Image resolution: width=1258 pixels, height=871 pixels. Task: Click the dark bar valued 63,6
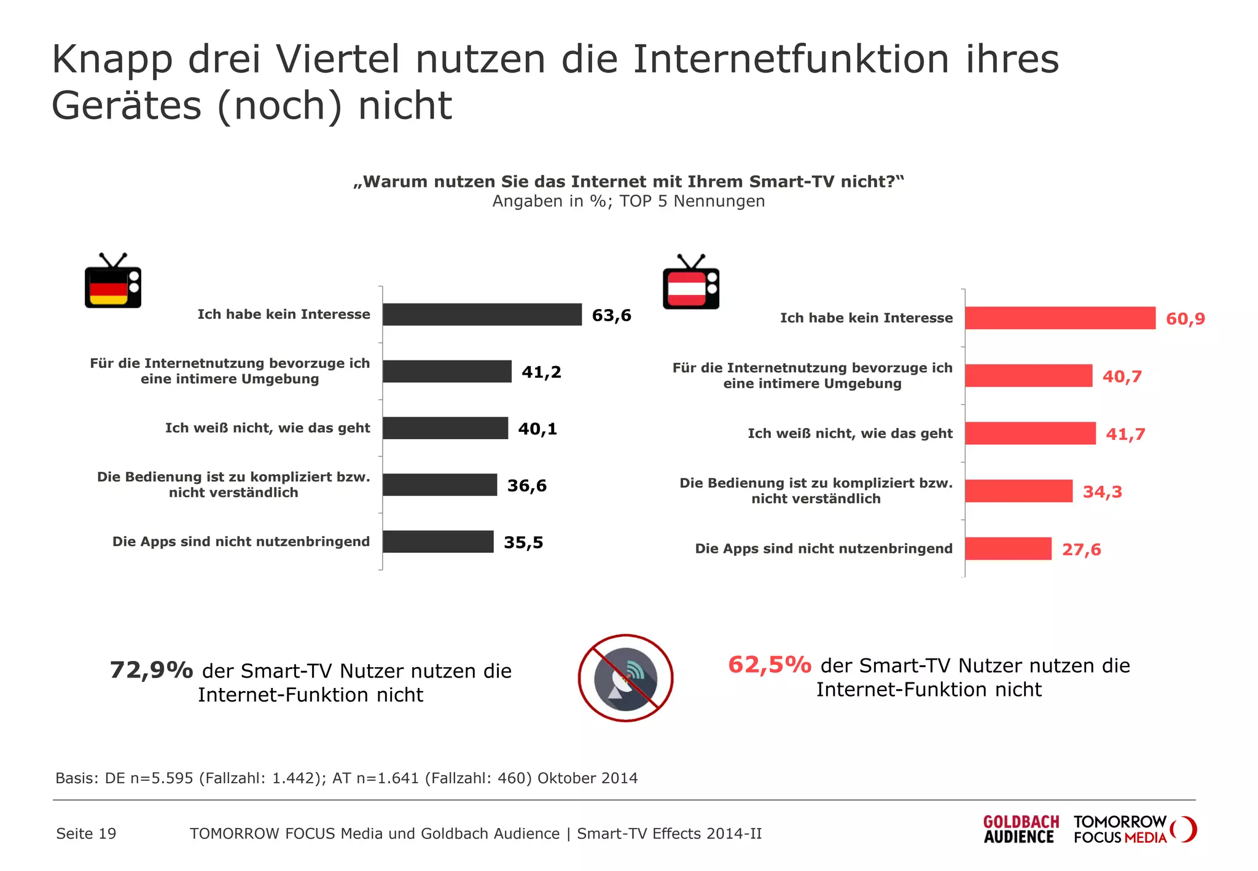click(x=482, y=314)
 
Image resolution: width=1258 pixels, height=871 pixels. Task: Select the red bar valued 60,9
click(x=1060, y=318)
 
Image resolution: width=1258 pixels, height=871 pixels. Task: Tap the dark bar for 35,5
click(x=438, y=542)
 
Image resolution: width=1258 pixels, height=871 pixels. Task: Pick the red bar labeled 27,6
click(x=1008, y=549)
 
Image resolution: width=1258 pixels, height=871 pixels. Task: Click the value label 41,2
click(x=541, y=372)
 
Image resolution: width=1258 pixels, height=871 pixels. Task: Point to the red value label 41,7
click(x=1125, y=434)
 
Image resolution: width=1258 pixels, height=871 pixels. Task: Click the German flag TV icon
click(x=113, y=281)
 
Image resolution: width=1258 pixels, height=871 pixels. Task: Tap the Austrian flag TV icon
click(x=691, y=283)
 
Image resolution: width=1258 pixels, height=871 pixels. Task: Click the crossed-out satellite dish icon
click(x=625, y=678)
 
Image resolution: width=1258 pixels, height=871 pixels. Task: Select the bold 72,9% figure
click(x=151, y=670)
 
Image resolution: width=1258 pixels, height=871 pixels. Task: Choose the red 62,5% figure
click(x=769, y=665)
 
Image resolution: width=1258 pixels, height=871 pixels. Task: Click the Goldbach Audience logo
click(x=1020, y=830)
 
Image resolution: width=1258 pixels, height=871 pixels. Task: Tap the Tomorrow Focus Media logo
click(x=1133, y=830)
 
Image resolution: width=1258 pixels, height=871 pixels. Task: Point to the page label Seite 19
click(x=86, y=834)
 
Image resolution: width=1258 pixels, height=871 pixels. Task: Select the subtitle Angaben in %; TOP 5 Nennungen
click(x=628, y=201)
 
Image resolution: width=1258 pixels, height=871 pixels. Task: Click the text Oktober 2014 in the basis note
click(x=587, y=778)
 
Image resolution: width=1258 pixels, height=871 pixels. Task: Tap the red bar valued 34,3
click(x=1018, y=491)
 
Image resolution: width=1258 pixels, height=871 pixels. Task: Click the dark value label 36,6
click(x=526, y=486)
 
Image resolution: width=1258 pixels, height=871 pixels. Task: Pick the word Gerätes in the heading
click(x=127, y=106)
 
